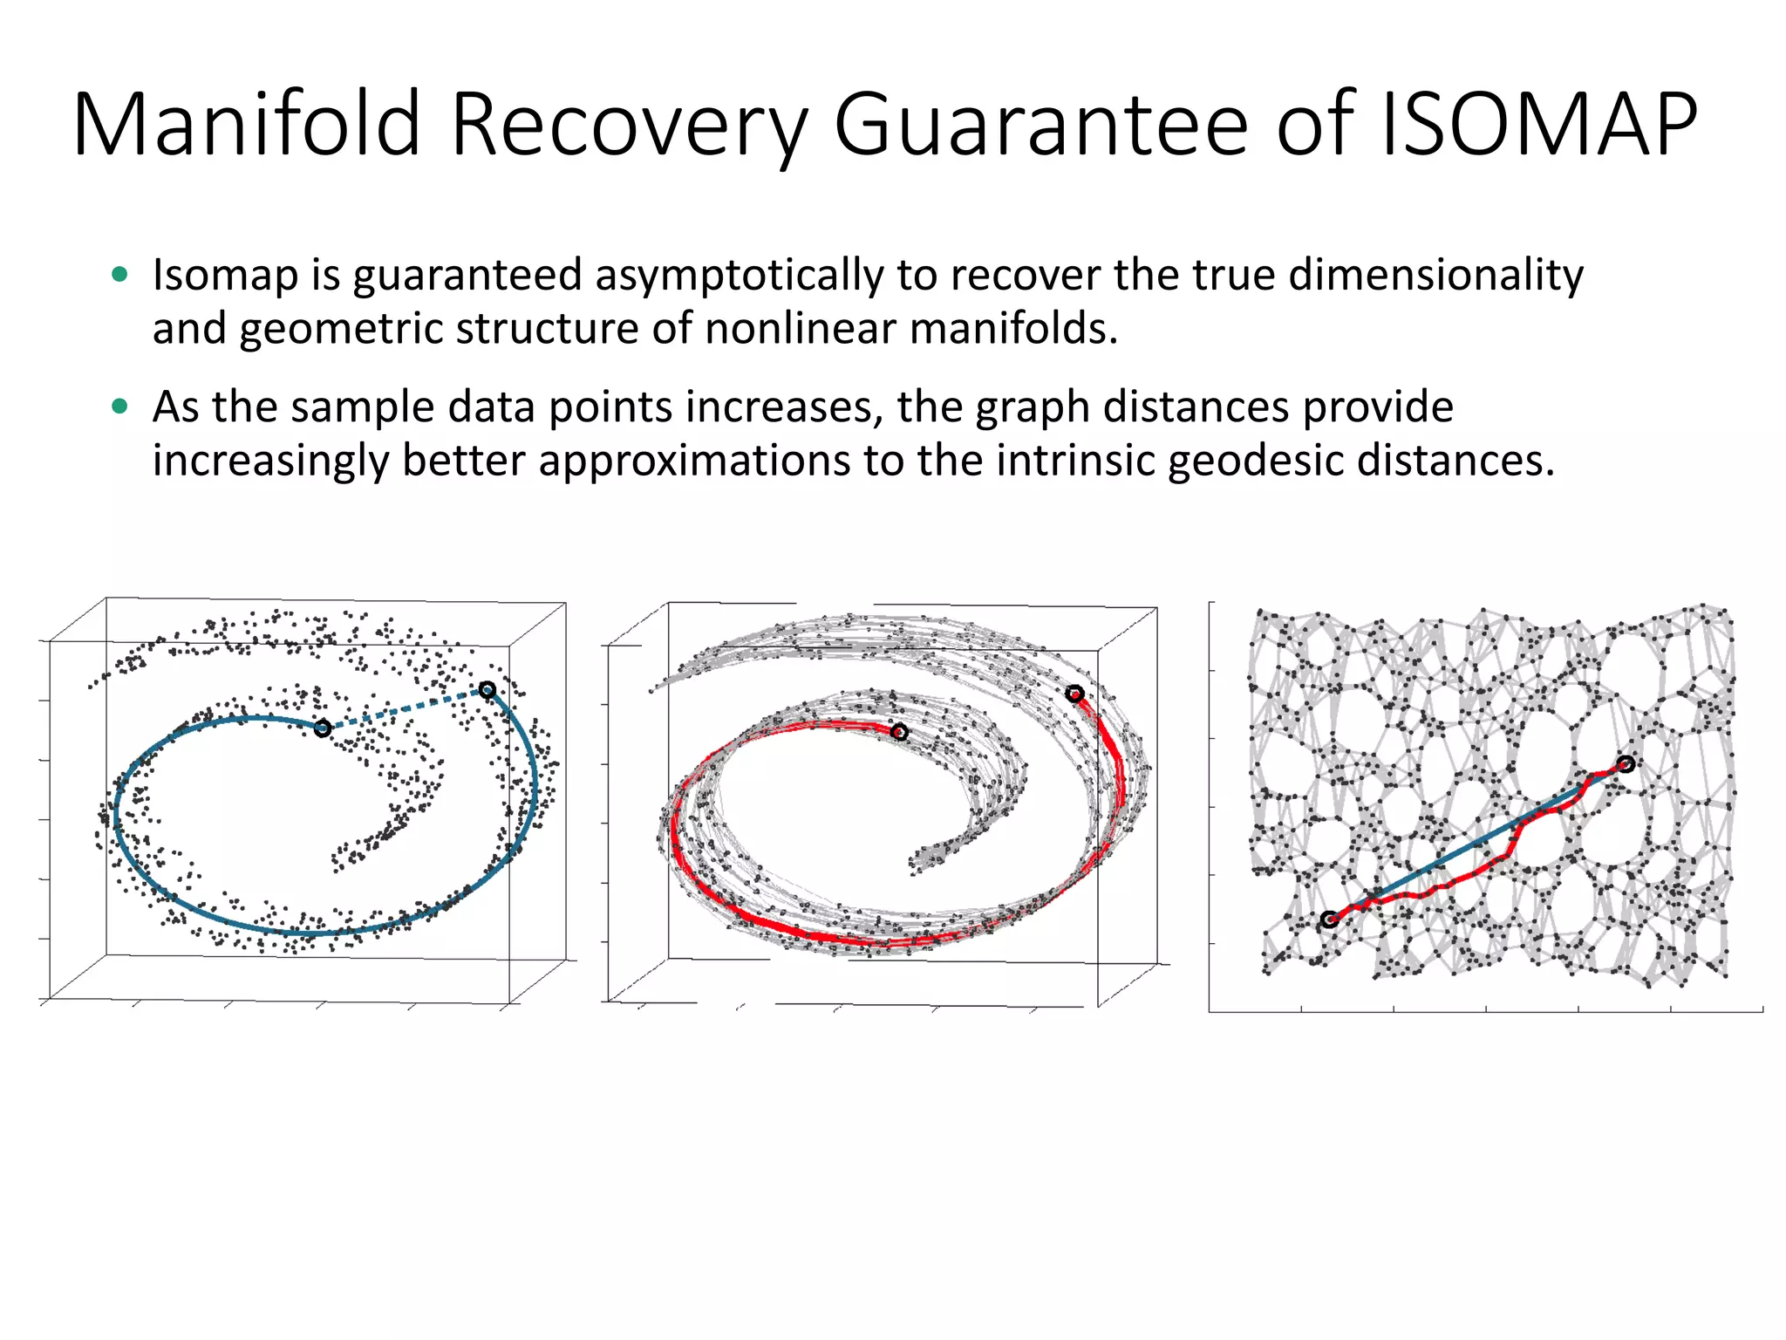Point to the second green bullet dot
click(120, 407)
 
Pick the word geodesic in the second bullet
click(1256, 461)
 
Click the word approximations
click(694, 461)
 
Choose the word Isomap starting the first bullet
click(226, 276)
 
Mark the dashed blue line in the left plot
click(405, 709)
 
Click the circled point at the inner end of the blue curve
click(323, 728)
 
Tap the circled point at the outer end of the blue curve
click(487, 690)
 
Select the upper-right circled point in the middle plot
click(1074, 694)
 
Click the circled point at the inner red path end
click(899, 732)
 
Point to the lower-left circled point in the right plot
click(1329, 920)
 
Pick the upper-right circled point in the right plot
click(1626, 764)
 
